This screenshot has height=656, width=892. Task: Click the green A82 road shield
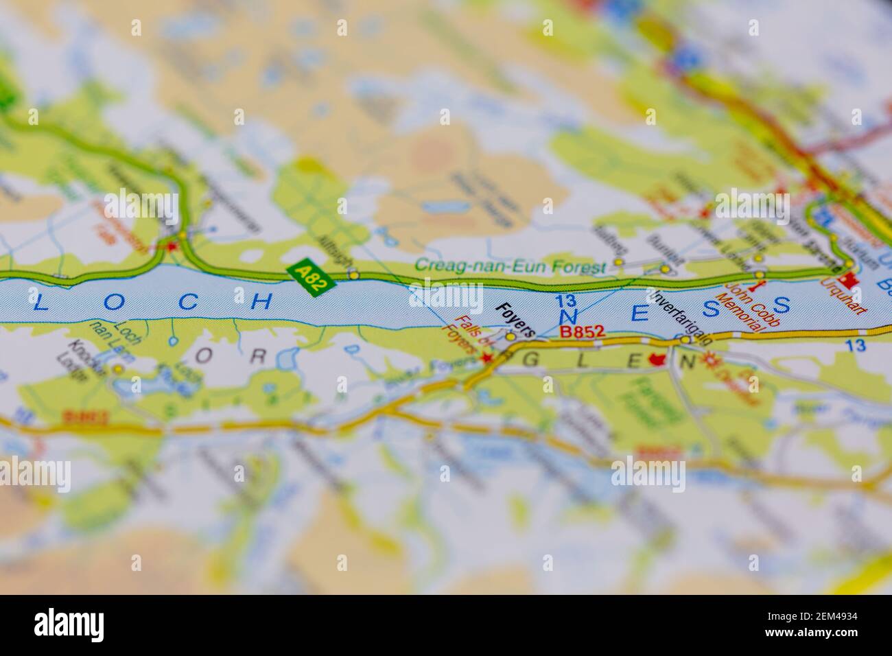(x=312, y=277)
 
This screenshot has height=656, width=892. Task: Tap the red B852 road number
(x=583, y=331)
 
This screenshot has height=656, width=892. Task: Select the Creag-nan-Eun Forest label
(x=510, y=266)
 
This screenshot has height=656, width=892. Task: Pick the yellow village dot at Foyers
(x=510, y=337)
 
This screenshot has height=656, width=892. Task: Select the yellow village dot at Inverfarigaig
(x=685, y=340)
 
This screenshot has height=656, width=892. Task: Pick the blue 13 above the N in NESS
(x=566, y=300)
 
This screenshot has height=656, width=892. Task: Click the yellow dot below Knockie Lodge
(x=119, y=369)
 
